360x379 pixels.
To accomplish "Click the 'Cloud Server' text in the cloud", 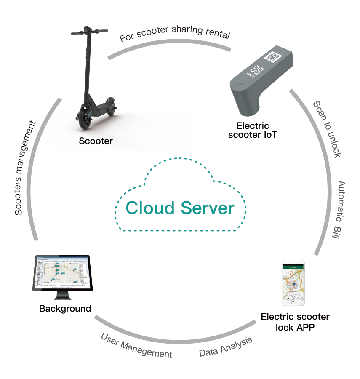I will (180, 208).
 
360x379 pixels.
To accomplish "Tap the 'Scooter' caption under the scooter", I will (96, 141).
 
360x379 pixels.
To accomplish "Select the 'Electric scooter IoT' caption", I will (253, 130).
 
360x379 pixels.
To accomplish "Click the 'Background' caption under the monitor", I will (65, 309).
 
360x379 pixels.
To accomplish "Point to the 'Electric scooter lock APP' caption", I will (295, 322).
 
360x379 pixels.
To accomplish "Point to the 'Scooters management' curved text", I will (24, 168).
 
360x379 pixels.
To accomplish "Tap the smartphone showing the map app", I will (293, 283).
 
